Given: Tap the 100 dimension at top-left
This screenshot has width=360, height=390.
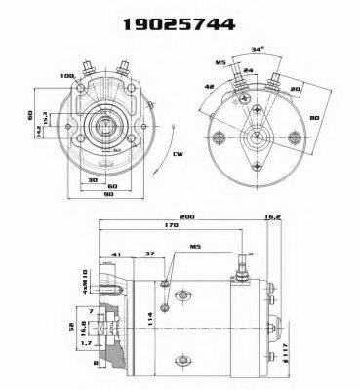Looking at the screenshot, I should pyautogui.click(x=67, y=77).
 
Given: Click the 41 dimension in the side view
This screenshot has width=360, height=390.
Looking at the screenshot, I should pyautogui.click(x=117, y=255).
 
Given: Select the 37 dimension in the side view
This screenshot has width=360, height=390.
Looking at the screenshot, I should pyautogui.click(x=148, y=255).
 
